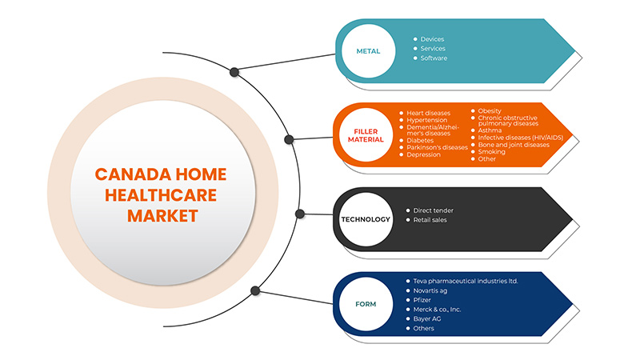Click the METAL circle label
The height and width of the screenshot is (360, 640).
click(368, 52)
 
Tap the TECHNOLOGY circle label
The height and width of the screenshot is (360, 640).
click(366, 219)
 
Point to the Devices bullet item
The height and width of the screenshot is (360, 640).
click(432, 39)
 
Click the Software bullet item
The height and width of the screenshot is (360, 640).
click(434, 58)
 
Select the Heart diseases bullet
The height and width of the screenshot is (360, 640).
click(430, 114)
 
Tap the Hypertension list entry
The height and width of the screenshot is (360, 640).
click(429, 121)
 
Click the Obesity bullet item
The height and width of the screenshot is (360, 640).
click(489, 110)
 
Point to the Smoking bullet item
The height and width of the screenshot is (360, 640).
click(491, 151)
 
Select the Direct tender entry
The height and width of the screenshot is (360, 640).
click(433, 210)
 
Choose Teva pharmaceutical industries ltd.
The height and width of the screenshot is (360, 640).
click(466, 281)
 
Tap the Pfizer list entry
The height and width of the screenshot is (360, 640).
click(423, 300)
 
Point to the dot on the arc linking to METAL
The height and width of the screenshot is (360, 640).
click(234, 72)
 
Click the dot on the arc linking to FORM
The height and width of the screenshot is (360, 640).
click(255, 290)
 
